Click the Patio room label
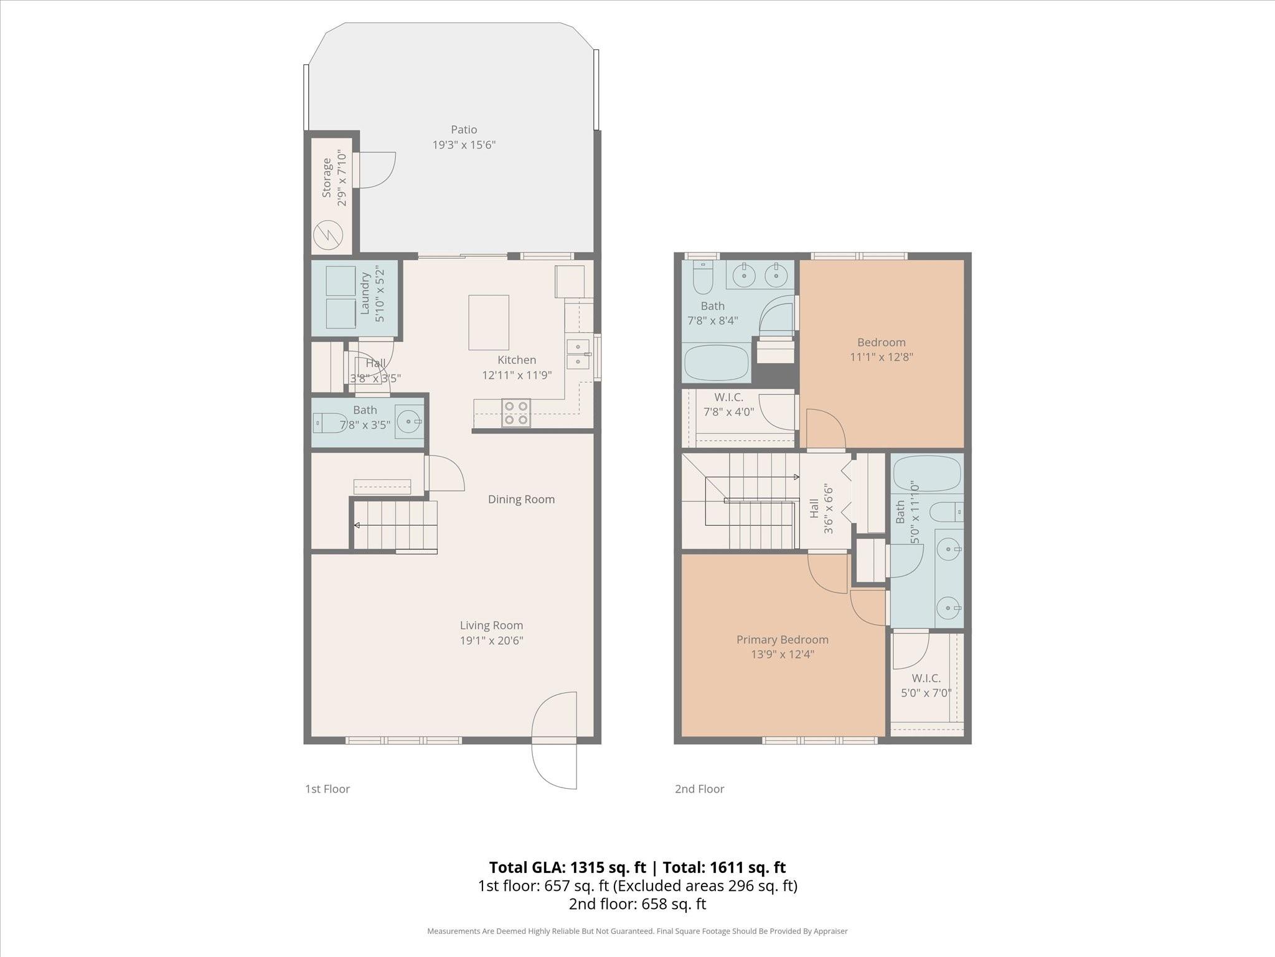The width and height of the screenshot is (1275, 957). pyautogui.click(x=464, y=130)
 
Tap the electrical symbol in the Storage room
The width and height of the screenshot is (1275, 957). pyautogui.click(x=327, y=235)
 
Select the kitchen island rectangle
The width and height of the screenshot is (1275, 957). pyautogui.click(x=489, y=323)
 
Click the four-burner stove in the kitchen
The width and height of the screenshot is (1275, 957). pyautogui.click(x=516, y=413)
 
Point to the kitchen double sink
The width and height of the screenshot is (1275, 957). pyautogui.click(x=578, y=354)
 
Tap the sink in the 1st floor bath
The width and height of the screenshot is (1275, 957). pyautogui.click(x=409, y=422)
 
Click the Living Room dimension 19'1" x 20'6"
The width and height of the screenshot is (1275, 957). pyautogui.click(x=491, y=640)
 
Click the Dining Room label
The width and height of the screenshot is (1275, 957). pyautogui.click(x=521, y=499)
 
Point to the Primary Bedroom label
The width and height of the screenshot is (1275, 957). pyautogui.click(x=782, y=639)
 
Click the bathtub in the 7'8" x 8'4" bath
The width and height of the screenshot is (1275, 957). pyautogui.click(x=716, y=363)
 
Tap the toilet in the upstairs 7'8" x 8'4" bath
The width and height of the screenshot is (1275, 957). pyautogui.click(x=703, y=279)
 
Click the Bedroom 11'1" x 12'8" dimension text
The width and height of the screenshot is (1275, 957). pyautogui.click(x=881, y=357)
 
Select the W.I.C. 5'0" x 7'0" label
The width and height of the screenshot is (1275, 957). pyautogui.click(x=926, y=685)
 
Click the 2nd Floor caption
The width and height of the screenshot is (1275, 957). pyautogui.click(x=699, y=789)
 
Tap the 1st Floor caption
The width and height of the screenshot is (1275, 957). pyautogui.click(x=327, y=789)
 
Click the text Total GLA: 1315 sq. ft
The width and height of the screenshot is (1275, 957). pyautogui.click(x=567, y=867)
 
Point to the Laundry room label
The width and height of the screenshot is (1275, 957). pyautogui.click(x=365, y=293)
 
